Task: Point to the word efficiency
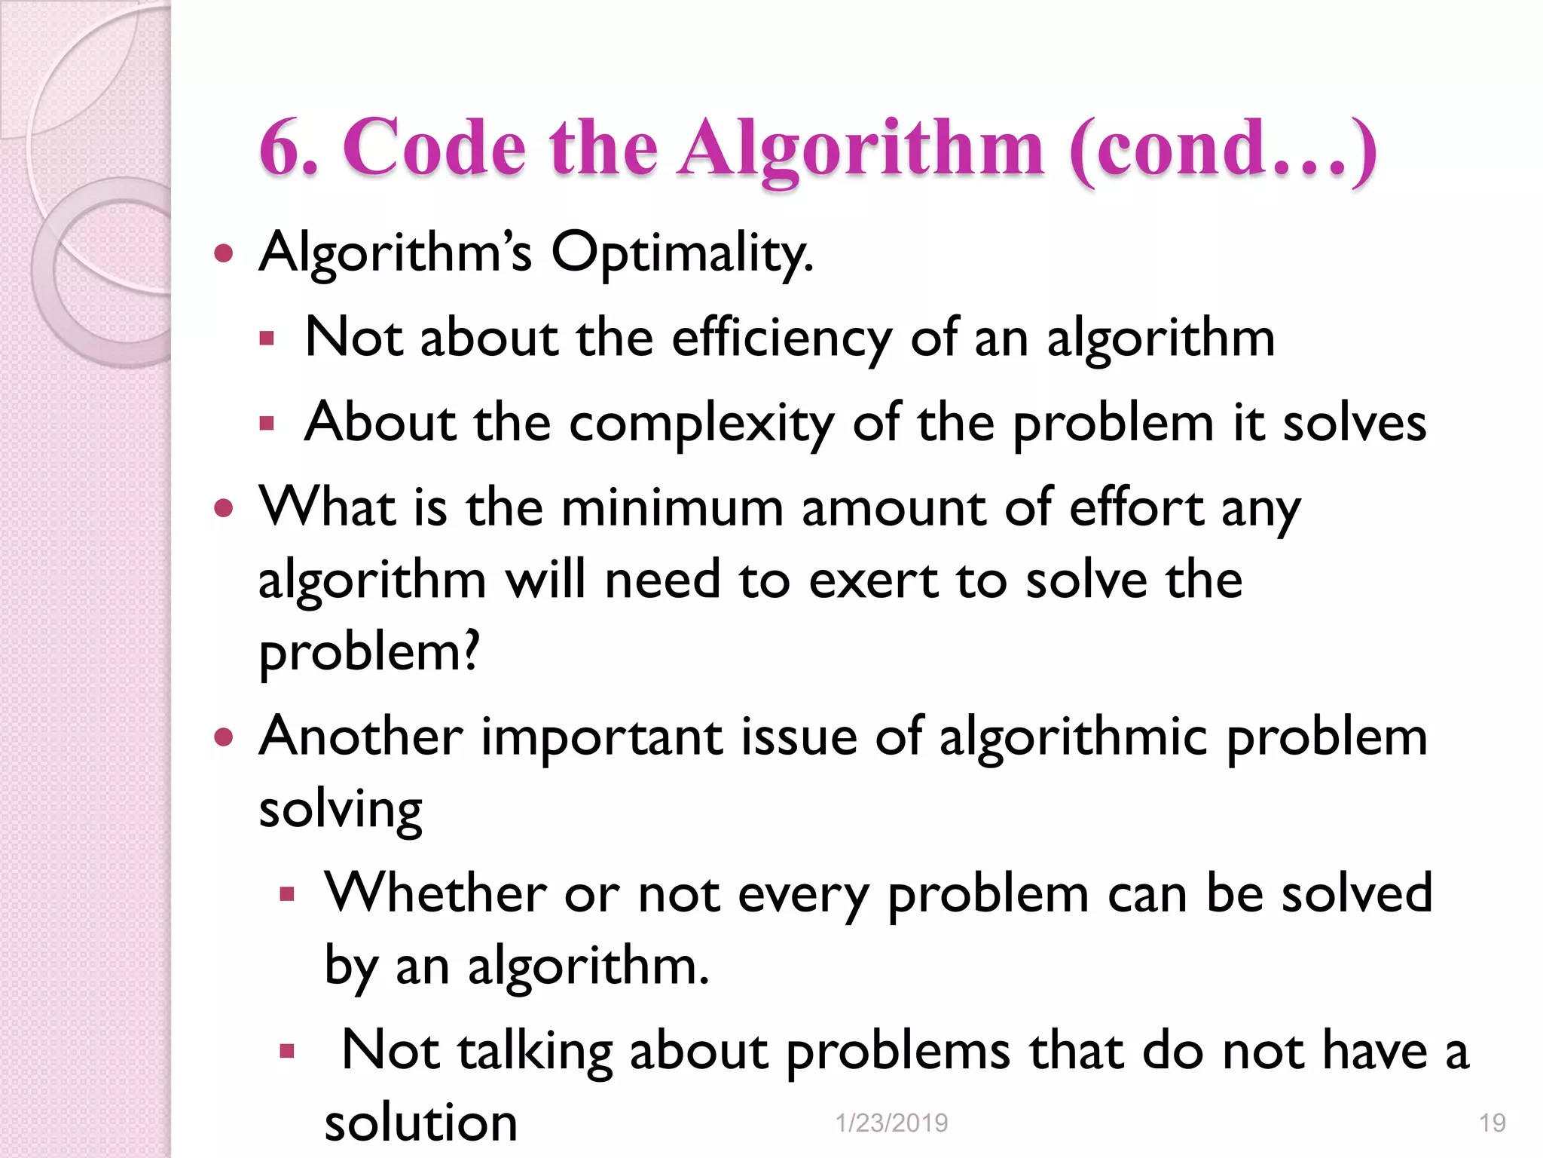(781, 339)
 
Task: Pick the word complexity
(701, 424)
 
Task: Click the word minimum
(672, 507)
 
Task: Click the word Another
(361, 737)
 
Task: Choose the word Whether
(435, 893)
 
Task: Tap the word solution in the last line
(420, 1123)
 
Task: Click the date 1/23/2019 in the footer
(891, 1123)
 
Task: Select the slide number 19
(1492, 1123)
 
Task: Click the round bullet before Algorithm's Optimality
(224, 253)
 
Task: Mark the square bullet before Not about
(266, 339)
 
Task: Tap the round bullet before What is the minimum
(224, 508)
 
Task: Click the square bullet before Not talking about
(286, 1051)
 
